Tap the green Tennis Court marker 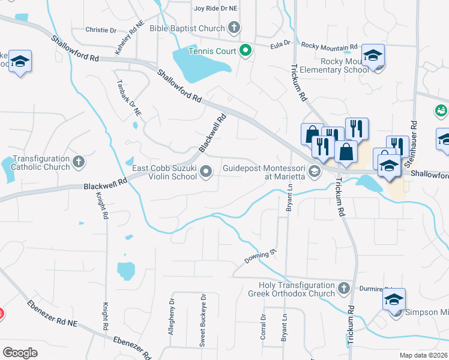point(245,51)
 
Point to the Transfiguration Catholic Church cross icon point(79,161)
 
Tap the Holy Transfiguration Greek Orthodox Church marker point(343,289)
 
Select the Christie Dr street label point(101,30)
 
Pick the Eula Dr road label point(280,43)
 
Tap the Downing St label point(260,257)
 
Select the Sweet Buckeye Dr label point(203,320)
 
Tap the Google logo point(20,353)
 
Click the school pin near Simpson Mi point(394,300)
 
